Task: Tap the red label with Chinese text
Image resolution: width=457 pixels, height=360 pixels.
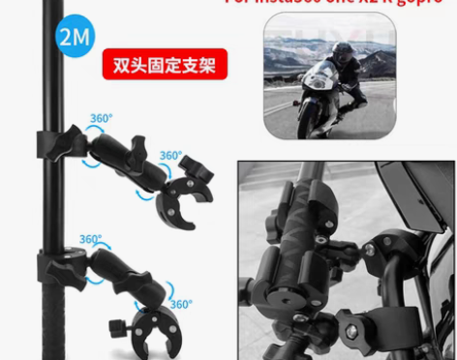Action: point(164,67)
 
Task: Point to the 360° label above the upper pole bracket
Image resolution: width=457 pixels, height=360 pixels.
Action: point(102,118)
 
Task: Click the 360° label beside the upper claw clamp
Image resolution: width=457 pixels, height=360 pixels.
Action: point(170,155)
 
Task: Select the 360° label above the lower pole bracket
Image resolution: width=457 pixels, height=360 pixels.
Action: point(91,240)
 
